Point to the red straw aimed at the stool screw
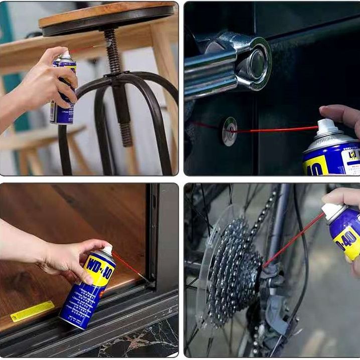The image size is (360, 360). (88, 49)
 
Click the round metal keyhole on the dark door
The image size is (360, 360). (230, 131)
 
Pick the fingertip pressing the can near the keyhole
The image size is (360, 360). (331, 111)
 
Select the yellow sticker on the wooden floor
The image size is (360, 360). (32, 311)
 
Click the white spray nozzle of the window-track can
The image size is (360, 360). (107, 250)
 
